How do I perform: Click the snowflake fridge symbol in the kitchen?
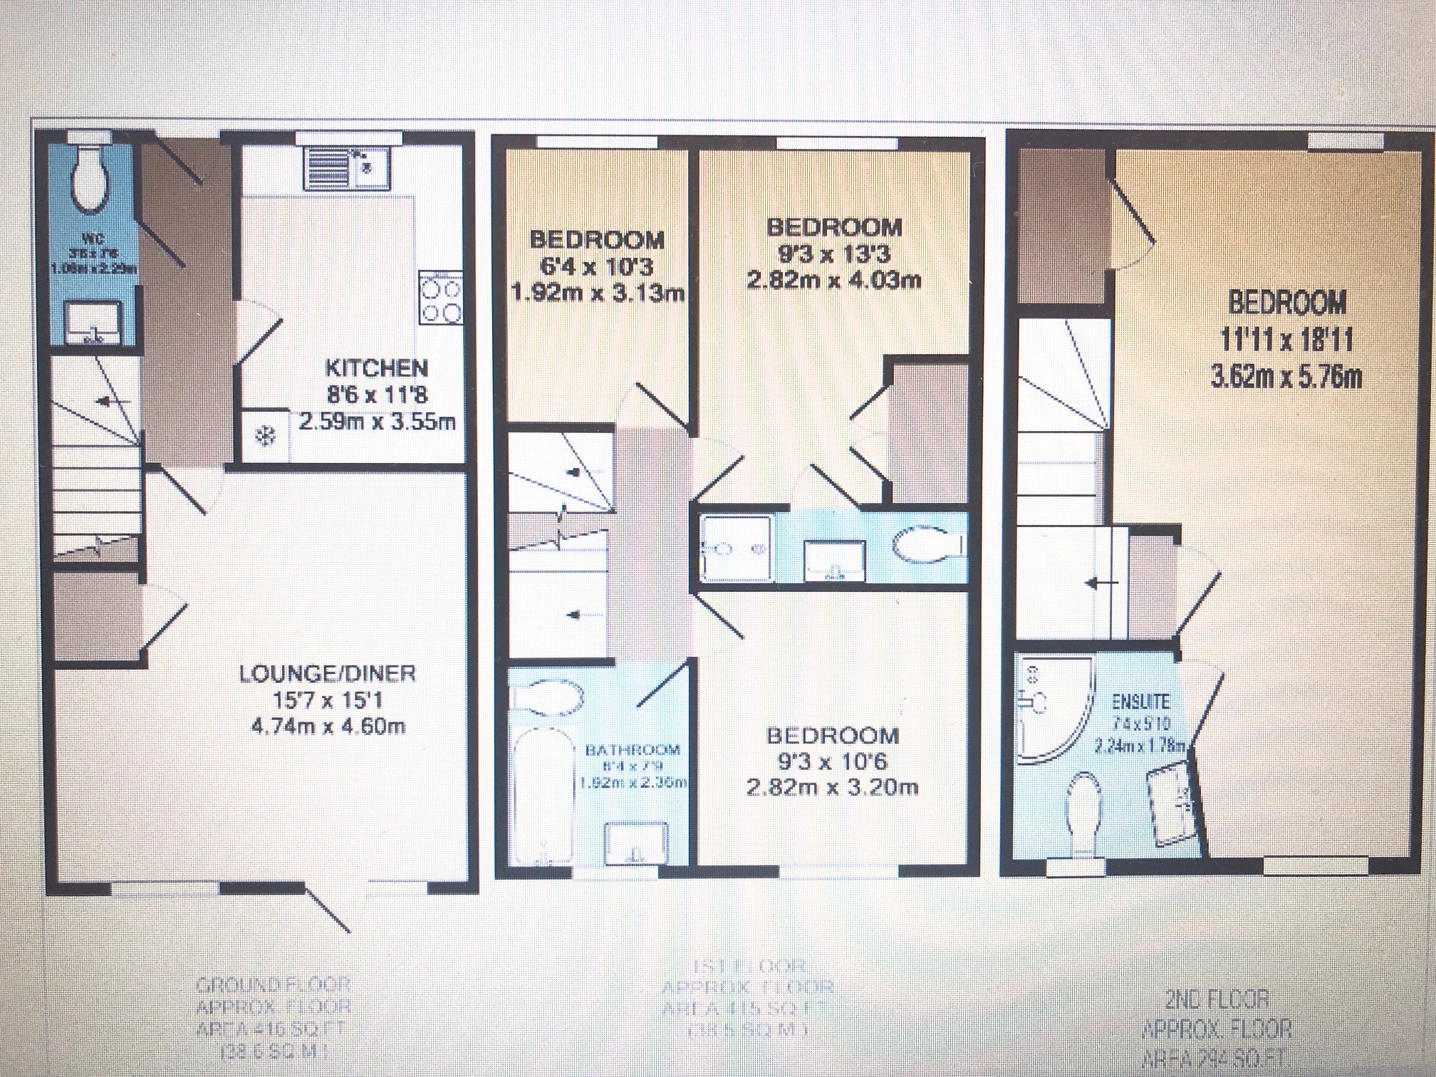[x=264, y=436]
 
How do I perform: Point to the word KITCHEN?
[x=376, y=368]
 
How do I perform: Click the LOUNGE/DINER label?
[x=327, y=673]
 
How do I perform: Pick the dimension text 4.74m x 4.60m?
[x=328, y=727]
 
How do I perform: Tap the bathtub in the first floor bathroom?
[x=542, y=791]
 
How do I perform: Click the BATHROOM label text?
[x=633, y=750]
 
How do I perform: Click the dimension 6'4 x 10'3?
[x=597, y=267]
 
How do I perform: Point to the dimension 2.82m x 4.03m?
[x=833, y=280]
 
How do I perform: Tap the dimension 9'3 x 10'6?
[x=832, y=761]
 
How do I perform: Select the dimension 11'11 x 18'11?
[x=1286, y=341]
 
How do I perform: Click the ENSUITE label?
[x=1140, y=702]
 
